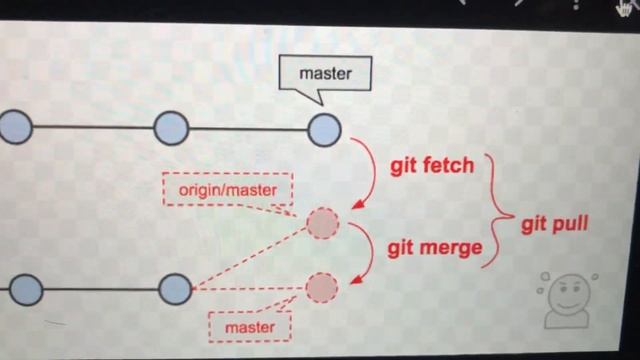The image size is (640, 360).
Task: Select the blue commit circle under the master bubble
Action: pyautogui.click(x=324, y=129)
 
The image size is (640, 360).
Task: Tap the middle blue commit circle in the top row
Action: pyautogui.click(x=171, y=129)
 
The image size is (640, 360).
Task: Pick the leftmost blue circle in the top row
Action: pyautogui.click(x=15, y=128)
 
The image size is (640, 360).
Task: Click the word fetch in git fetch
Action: pyautogui.click(x=449, y=165)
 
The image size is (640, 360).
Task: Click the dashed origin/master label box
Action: pyautogui.click(x=228, y=188)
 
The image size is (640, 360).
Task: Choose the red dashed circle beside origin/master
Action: pyautogui.click(x=322, y=224)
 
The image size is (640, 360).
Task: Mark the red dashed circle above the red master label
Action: pyautogui.click(x=321, y=288)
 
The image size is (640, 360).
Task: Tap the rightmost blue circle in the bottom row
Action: pyautogui.click(x=174, y=289)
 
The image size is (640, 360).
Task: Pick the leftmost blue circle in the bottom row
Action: pyautogui.click(x=25, y=290)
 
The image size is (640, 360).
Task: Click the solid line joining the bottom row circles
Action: pyautogui.click(x=100, y=290)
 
